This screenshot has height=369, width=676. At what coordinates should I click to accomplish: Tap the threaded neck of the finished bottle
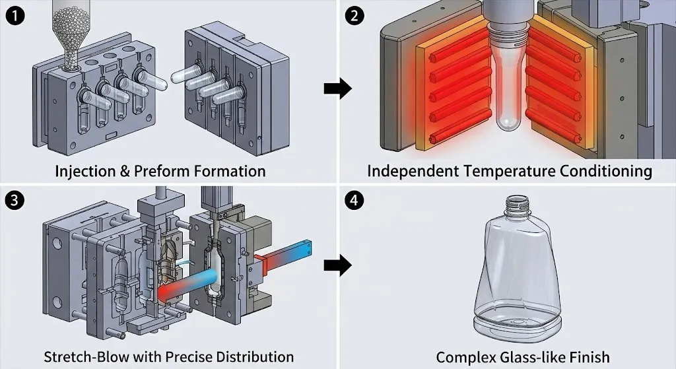515,205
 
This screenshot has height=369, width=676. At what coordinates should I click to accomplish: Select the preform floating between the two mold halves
188,75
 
